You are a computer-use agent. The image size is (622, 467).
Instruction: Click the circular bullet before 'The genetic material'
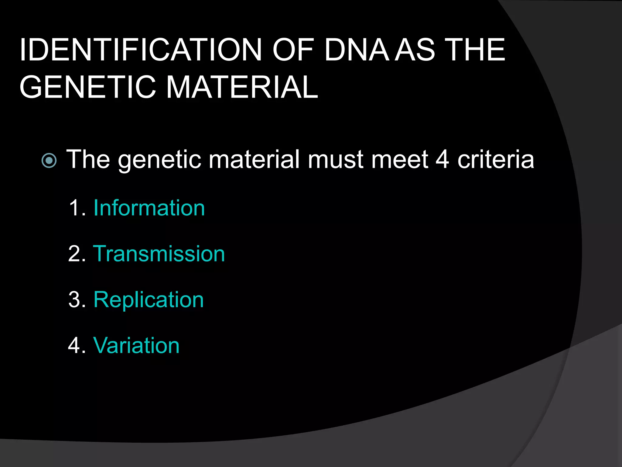(49, 160)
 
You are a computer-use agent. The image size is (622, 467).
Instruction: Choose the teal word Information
(149, 208)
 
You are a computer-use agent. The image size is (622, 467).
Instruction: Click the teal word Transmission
(159, 254)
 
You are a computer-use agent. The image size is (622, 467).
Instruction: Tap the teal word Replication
(149, 300)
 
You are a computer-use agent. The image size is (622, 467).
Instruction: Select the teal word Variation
(136, 345)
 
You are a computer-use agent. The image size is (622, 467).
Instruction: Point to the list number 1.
(77, 208)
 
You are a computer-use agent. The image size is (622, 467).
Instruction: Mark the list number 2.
(77, 254)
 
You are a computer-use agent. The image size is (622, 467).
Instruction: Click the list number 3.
(77, 300)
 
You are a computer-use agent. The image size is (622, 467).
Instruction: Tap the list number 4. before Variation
(77, 345)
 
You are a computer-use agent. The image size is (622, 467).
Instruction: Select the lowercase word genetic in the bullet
(159, 160)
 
